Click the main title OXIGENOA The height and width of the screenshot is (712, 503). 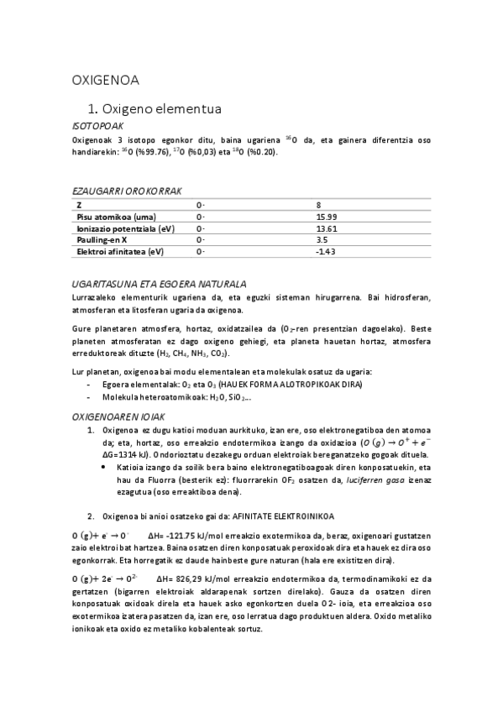pyautogui.click(x=105, y=81)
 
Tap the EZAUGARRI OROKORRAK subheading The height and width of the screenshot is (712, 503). pyautogui.click(x=127, y=191)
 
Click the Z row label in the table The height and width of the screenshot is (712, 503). pyautogui.click(x=79, y=205)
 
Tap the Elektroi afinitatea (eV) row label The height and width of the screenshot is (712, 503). pyautogui.click(x=120, y=251)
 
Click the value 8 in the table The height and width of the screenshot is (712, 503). pyautogui.click(x=318, y=205)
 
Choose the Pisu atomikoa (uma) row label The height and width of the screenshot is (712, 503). pyautogui.click(x=110, y=217)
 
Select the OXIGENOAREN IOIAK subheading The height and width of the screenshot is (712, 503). pyautogui.click(x=119, y=416)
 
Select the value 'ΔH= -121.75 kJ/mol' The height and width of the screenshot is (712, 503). pyautogui.click(x=188, y=535)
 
